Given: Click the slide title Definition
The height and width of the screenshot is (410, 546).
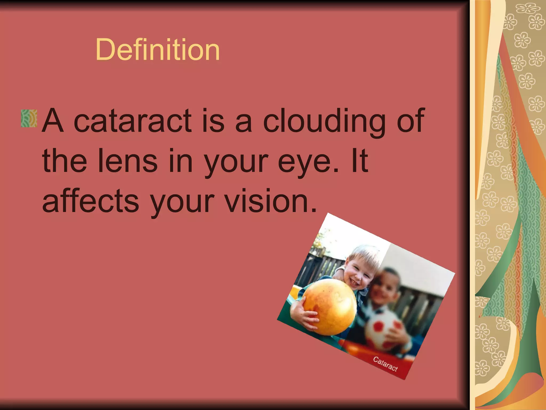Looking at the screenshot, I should pos(158,50).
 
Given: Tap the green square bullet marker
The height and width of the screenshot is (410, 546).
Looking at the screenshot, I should pos(29,118).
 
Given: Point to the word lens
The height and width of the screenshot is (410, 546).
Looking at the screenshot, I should pos(128,161).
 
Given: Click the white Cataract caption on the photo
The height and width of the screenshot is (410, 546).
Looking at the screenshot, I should pos(385,364).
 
